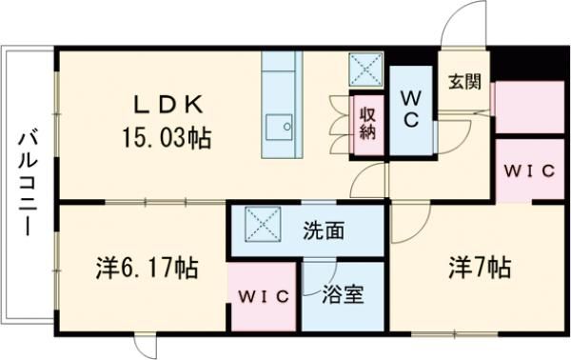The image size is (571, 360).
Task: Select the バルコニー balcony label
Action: pos(26,187)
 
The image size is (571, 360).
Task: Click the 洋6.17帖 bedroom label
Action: pos(147,269)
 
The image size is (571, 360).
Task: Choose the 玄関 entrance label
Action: pos(465,80)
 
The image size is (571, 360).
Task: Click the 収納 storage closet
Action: pos(367,121)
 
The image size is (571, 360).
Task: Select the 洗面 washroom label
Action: pos(324,230)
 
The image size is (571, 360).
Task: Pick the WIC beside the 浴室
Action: pos(263,296)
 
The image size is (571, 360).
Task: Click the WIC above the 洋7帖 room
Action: pos(529,171)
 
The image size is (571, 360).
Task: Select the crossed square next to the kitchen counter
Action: pos(364,69)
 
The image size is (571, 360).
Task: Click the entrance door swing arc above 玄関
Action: pos(463,24)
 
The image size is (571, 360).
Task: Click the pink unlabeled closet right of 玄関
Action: pos(529,107)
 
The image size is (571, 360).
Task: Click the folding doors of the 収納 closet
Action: pos(339,121)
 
